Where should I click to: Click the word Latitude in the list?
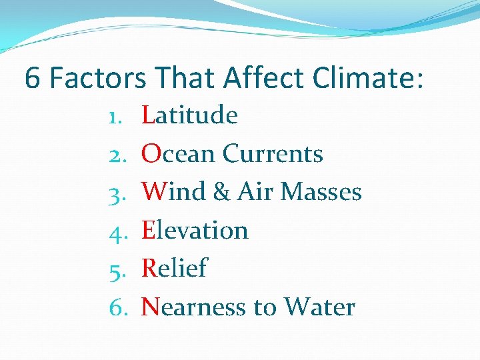coord(190,115)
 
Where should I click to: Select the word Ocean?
coord(179,154)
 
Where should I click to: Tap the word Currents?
coord(273,154)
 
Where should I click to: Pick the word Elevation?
coord(195,231)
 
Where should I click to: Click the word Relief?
coord(175,269)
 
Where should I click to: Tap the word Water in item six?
coord(319,307)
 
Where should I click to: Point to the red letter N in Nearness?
coord(150,307)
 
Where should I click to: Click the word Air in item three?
coord(255,192)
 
